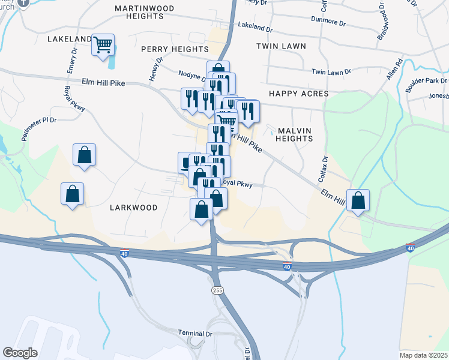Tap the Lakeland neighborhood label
(69, 39)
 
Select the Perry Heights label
(175, 49)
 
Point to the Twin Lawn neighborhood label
(281, 46)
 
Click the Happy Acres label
(298, 94)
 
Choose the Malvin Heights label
(294, 134)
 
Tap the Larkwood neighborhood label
(133, 208)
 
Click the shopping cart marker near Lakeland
(103, 44)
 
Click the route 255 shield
(217, 290)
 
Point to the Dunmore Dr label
(329, 23)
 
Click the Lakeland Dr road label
(255, 27)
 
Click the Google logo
(20, 353)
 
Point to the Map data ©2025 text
(423, 354)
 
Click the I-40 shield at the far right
(411, 247)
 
